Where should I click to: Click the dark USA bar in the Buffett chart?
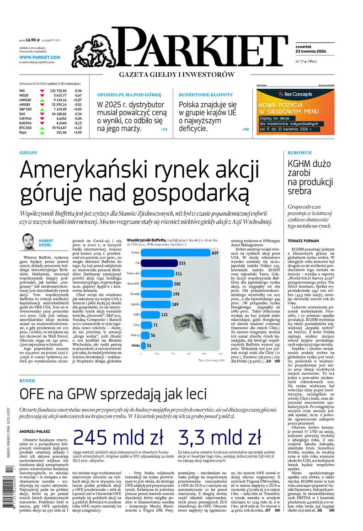click(160, 263)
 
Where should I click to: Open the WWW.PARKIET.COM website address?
click(40, 57)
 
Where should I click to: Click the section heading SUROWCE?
click(300, 152)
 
